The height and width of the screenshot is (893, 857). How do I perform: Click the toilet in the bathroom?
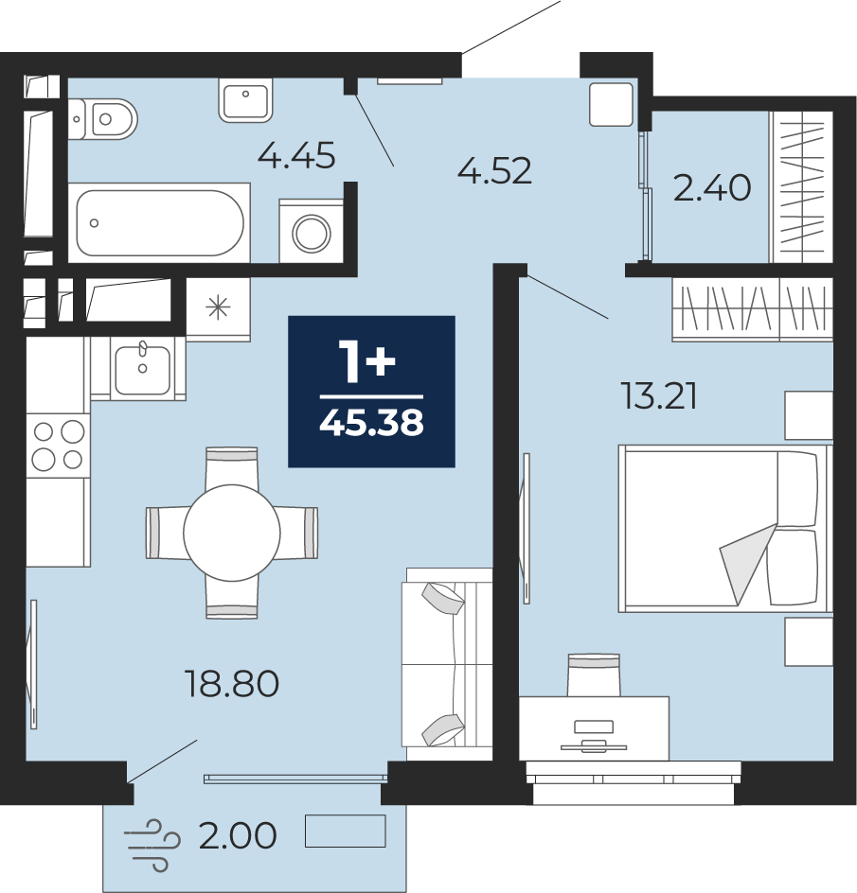point(102,119)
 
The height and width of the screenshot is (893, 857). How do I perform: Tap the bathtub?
point(159,222)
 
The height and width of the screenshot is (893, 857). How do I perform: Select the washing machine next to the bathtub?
point(311,231)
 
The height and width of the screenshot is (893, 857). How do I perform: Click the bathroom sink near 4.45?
point(245,100)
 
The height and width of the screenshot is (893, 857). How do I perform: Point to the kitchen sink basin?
point(143,369)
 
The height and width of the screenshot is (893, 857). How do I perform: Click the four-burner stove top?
point(58,446)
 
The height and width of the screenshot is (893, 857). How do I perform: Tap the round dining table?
point(231,533)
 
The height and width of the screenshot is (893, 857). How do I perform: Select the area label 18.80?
point(232,684)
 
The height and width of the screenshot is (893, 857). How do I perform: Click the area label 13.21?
point(659,396)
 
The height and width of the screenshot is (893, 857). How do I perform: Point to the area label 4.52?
point(494,171)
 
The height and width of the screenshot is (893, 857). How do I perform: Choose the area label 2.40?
point(711,188)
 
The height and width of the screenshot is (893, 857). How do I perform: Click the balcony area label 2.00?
point(237,835)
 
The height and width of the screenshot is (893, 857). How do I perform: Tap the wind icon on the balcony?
point(152,845)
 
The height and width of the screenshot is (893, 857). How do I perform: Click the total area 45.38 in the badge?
point(372,423)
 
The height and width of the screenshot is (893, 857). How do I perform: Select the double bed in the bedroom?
point(725,529)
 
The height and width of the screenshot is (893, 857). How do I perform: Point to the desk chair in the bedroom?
point(594,674)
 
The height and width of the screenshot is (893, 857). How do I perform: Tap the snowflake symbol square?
point(219,308)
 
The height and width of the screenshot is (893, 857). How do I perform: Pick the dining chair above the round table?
point(231,468)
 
